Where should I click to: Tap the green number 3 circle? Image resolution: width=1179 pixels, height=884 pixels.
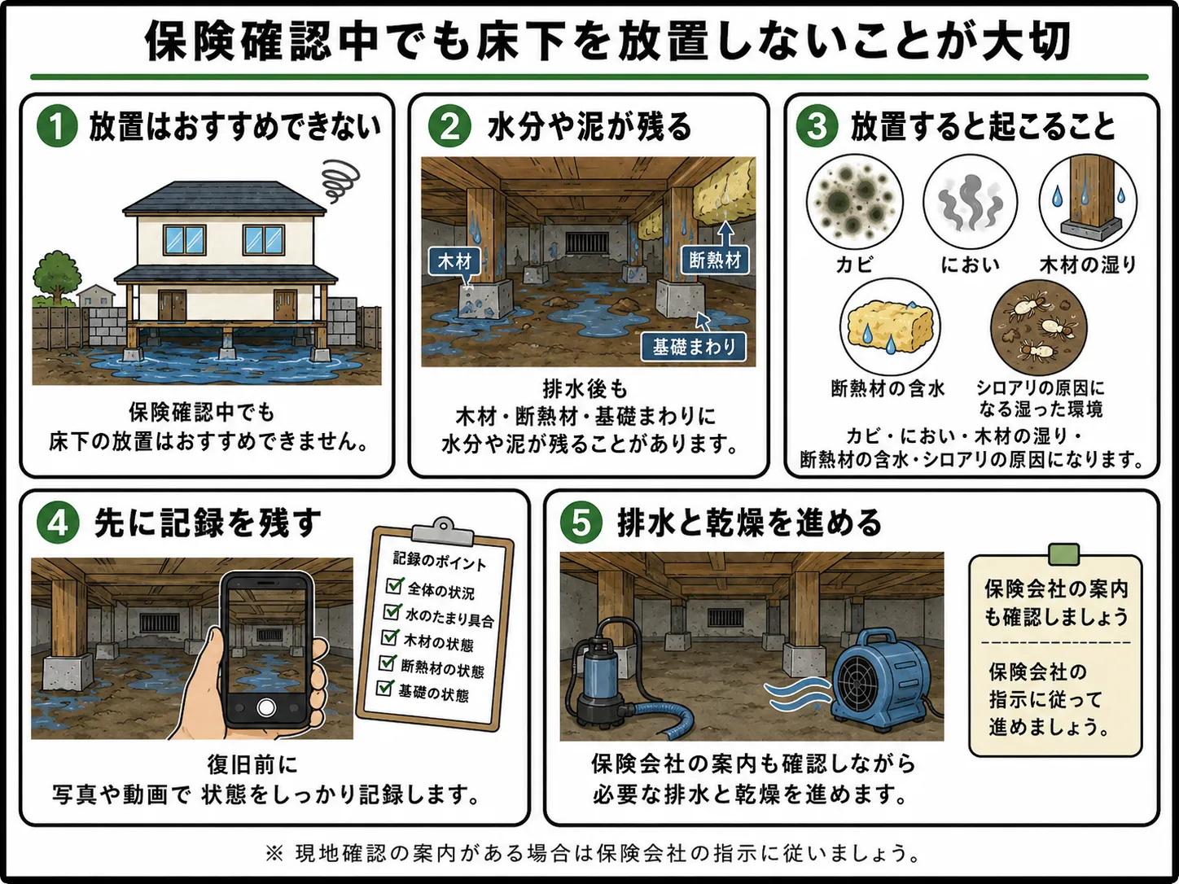point(817,126)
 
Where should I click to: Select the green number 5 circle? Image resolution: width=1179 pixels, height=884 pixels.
point(581,523)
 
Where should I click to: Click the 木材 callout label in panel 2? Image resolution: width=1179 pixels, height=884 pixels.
point(454,262)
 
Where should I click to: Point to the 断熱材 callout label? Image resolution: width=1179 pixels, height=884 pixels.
point(715,260)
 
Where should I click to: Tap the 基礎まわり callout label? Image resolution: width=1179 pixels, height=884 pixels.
point(694,347)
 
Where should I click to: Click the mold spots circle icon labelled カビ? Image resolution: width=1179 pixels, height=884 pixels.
point(854,202)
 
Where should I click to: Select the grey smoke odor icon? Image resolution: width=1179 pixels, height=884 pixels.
point(970,202)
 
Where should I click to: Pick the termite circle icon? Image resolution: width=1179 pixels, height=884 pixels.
point(1038,327)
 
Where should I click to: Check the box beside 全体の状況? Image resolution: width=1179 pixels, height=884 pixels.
point(395,585)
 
